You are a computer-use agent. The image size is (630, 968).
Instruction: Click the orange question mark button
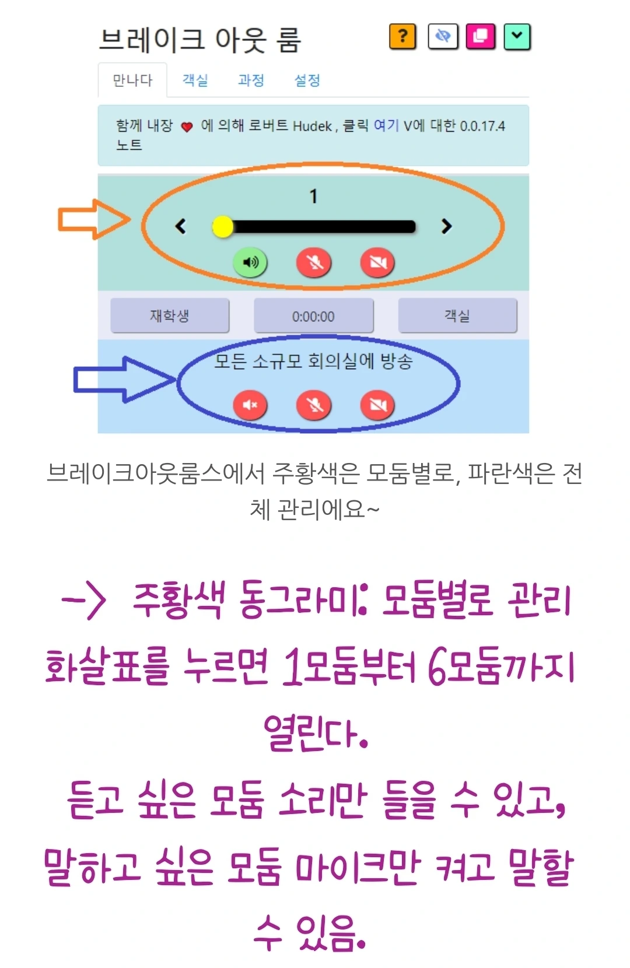(x=402, y=37)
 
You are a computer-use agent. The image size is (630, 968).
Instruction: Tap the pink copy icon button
(x=480, y=37)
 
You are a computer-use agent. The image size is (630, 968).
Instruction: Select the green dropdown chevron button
(x=517, y=37)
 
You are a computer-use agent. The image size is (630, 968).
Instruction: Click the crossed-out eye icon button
(x=443, y=37)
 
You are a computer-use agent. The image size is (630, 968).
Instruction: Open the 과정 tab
(x=251, y=80)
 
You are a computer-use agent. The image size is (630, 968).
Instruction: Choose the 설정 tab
(x=307, y=80)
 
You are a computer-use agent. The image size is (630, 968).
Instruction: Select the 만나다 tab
(x=132, y=80)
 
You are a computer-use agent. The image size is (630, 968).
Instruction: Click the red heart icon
(x=187, y=127)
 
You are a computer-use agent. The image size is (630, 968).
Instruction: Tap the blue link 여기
(x=386, y=126)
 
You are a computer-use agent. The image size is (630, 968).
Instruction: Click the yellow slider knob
(x=222, y=227)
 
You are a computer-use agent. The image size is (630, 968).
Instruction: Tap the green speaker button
(x=250, y=262)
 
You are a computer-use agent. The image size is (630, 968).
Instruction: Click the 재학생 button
(x=170, y=316)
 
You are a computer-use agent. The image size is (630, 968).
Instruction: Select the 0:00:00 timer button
(x=313, y=317)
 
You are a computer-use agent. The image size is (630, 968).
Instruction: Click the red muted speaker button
(x=250, y=405)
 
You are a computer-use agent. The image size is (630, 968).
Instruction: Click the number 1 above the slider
(x=314, y=197)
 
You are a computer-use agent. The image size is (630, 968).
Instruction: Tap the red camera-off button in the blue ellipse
(x=377, y=405)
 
